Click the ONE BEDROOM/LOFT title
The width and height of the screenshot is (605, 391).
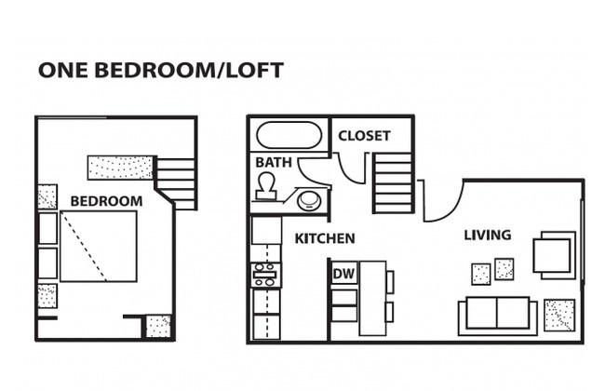tap(161, 70)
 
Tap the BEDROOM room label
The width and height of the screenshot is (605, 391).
tap(106, 201)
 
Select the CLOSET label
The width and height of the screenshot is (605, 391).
tap(364, 136)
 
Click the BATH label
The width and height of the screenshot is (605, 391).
tap(274, 162)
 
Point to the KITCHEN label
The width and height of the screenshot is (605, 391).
tap(325, 238)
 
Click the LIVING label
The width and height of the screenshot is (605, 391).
tap(488, 235)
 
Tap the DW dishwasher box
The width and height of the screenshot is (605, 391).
tap(344, 274)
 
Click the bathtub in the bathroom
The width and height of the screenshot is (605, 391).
tap(289, 135)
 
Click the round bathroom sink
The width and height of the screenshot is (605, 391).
tap(309, 201)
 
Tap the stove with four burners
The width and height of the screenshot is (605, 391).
tap(265, 275)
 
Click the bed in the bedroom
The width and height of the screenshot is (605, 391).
tap(99, 246)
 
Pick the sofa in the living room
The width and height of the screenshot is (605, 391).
tap(498, 316)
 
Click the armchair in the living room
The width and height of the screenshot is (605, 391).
tap(554, 255)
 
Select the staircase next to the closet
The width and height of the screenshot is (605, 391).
tap(393, 182)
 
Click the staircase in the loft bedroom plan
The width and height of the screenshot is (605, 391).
tap(176, 183)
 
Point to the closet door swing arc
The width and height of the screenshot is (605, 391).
tap(348, 172)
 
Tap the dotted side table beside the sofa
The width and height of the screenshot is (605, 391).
tap(559, 315)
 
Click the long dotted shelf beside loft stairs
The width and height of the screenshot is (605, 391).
tap(121, 168)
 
